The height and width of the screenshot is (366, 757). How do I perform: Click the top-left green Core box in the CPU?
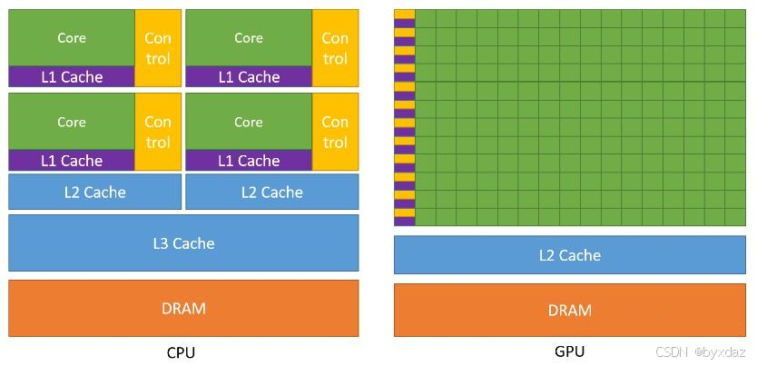tap(72, 38)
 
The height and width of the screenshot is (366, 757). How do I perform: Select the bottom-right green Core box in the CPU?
tap(248, 122)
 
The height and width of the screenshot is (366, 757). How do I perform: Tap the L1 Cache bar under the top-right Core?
tap(248, 77)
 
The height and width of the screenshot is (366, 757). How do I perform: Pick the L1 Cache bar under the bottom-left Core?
tap(72, 161)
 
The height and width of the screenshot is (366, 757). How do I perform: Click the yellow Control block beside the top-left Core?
tap(158, 48)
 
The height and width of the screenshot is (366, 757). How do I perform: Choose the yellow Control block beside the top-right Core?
tap(335, 48)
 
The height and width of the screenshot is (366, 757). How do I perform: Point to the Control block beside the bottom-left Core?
tap(158, 132)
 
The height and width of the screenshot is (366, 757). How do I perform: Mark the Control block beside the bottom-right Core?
tap(335, 132)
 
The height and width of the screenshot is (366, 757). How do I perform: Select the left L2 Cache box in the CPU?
tap(94, 192)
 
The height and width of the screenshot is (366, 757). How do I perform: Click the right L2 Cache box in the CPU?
tap(271, 192)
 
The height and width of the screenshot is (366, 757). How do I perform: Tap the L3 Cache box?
tap(183, 242)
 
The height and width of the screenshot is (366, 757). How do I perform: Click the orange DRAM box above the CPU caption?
tap(183, 308)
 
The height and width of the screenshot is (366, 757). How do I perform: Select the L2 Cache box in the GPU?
tap(569, 255)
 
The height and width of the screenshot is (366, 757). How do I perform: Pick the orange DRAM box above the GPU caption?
tap(569, 310)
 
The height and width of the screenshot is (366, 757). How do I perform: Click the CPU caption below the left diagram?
tap(182, 352)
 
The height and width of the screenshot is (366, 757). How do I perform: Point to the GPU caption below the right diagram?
tap(569, 351)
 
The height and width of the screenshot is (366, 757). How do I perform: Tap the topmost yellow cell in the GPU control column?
tap(404, 14)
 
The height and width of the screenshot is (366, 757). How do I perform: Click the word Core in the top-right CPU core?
tap(248, 38)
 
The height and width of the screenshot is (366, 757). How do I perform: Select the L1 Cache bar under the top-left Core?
tap(72, 77)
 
